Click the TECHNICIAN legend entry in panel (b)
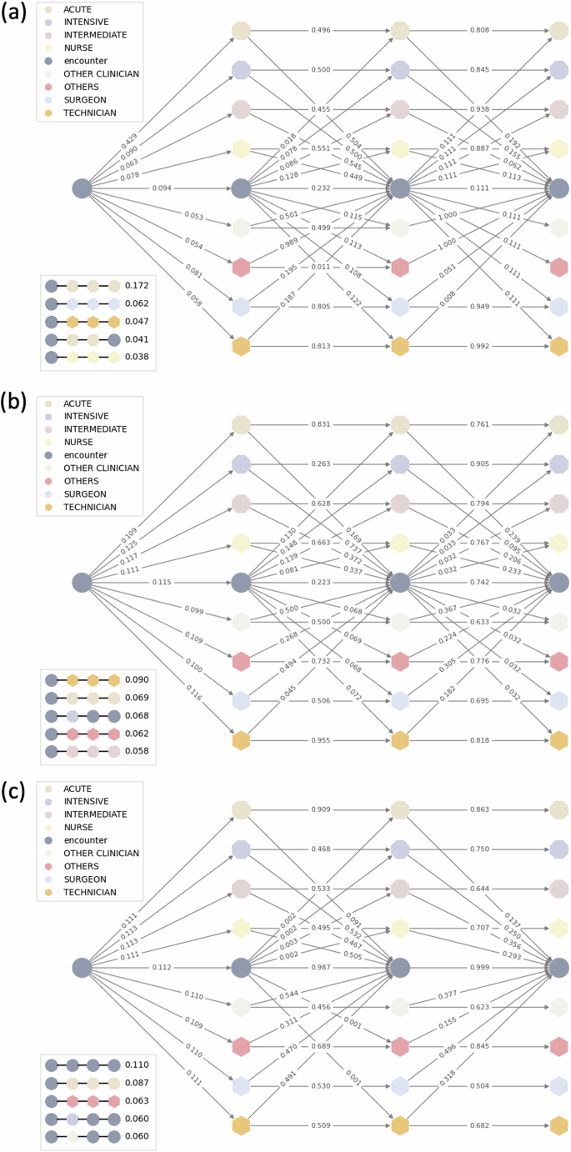click(x=93, y=507)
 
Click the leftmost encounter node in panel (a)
click(x=82, y=188)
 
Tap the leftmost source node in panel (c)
click(x=82, y=968)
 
